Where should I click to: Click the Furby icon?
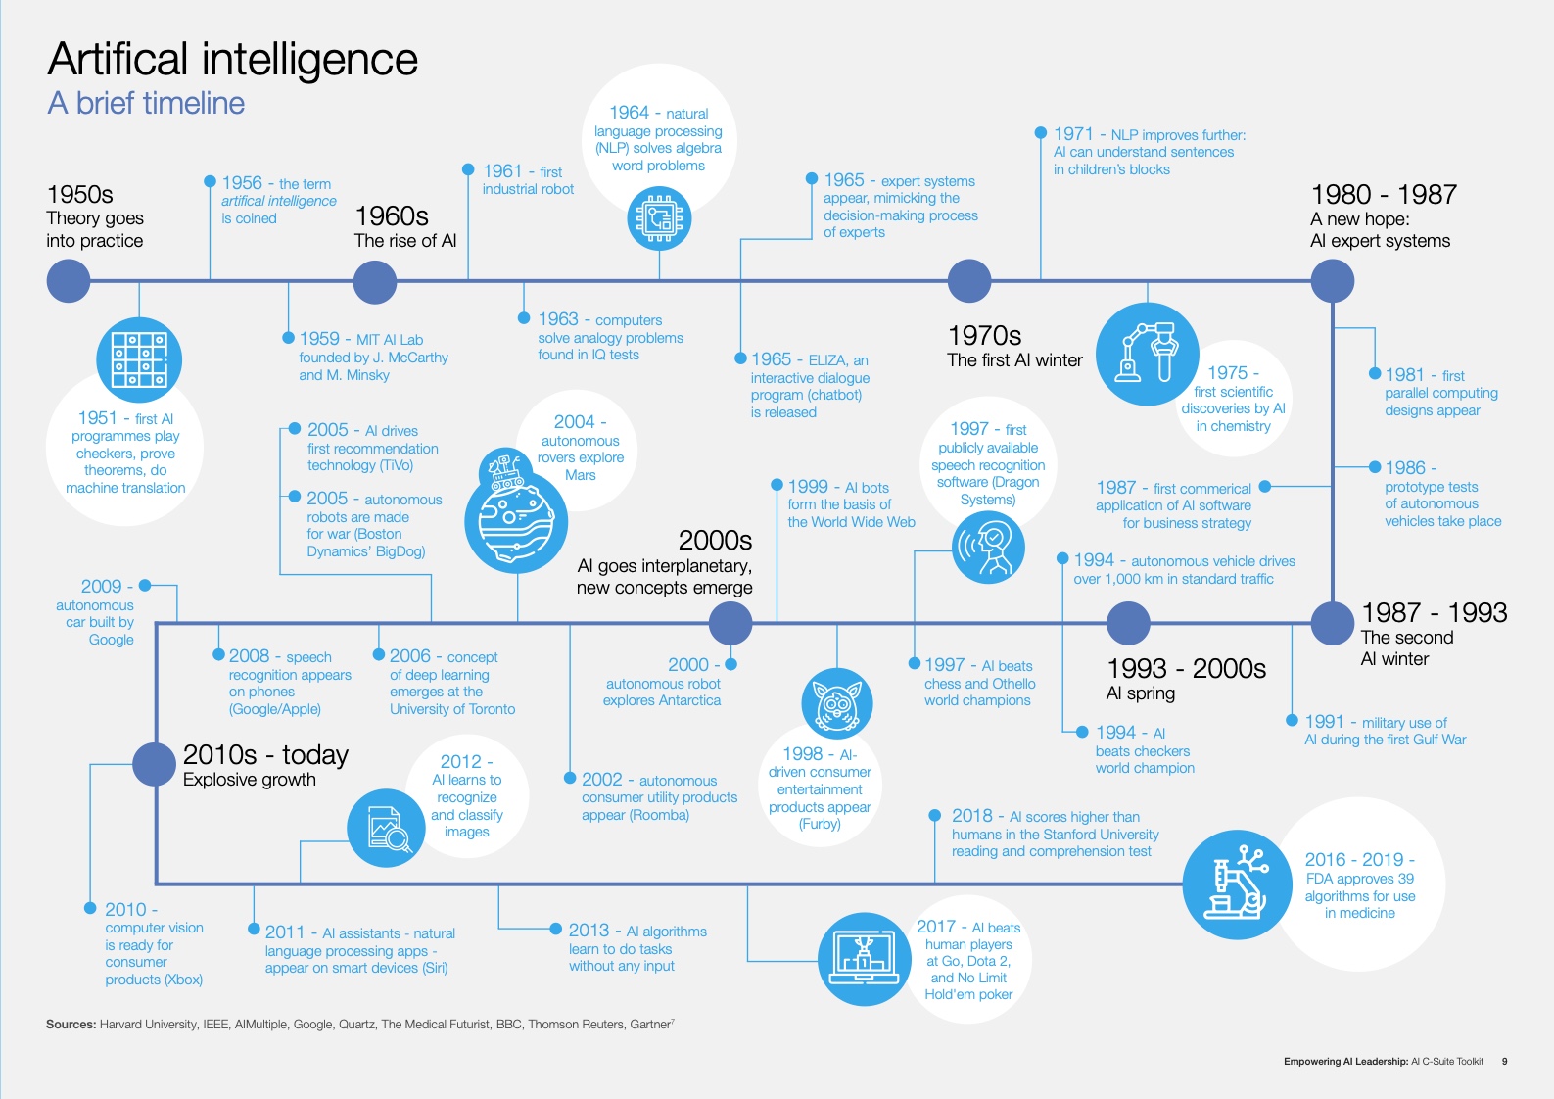pos(836,702)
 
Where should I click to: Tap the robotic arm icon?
pos(1147,354)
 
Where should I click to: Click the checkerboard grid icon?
pos(139,359)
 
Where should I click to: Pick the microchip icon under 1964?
pos(659,218)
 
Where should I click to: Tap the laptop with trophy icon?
pos(864,959)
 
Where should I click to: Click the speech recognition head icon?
pos(988,548)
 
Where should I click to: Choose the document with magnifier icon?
pos(386,828)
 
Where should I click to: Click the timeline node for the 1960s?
pos(374,282)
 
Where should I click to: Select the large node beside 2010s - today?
pos(154,764)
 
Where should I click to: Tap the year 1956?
pos(242,183)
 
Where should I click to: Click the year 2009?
pos(101,586)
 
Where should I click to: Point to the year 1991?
pos(1324,722)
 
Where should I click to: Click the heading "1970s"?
pos(984,336)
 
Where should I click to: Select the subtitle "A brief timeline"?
pos(146,103)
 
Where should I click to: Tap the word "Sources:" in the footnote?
pos(71,1025)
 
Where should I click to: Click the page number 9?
pos(1504,1061)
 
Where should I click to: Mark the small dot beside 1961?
pos(468,169)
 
